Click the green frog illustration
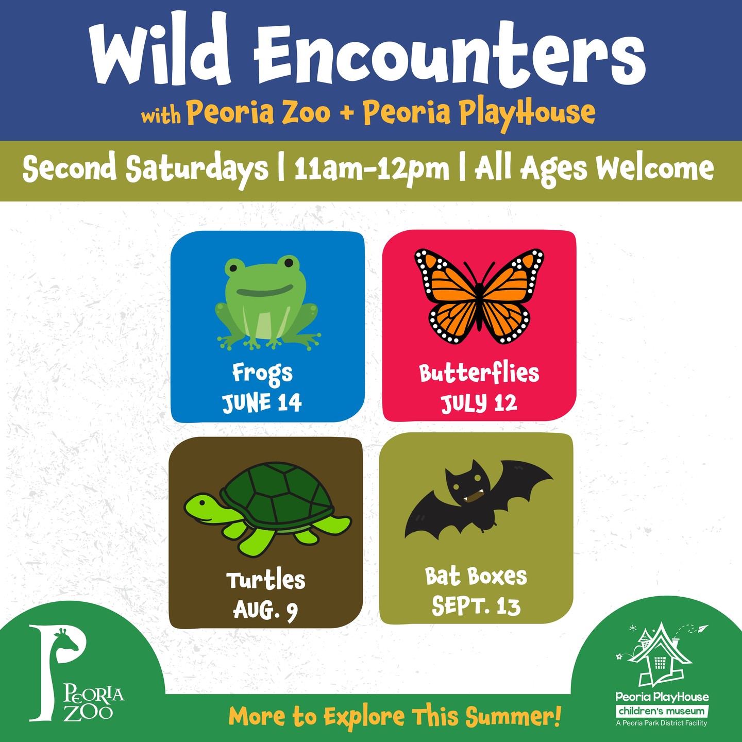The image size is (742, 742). (x=267, y=302)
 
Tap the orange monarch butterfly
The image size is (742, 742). (x=479, y=296)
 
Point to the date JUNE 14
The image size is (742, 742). (x=262, y=403)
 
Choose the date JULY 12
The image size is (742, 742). (x=479, y=403)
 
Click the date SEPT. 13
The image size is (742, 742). (x=476, y=606)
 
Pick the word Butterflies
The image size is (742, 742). (x=479, y=373)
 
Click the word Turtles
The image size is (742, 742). (x=266, y=580)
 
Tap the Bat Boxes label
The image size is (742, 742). (x=476, y=577)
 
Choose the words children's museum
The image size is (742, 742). (x=662, y=711)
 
